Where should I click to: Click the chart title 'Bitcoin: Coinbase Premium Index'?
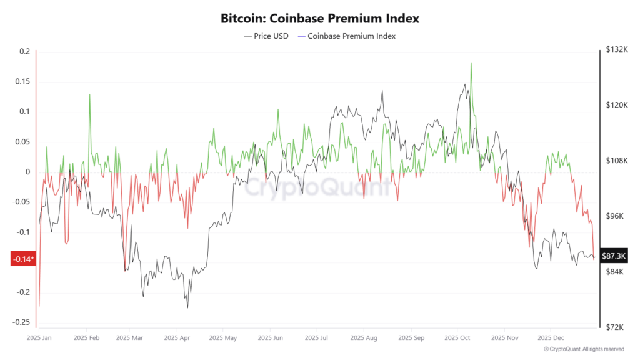[319, 18]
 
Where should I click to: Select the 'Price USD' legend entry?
[266, 36]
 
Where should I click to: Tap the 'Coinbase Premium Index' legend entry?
[347, 36]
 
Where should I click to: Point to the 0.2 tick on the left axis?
[25, 51]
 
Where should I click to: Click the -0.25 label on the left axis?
[21, 322]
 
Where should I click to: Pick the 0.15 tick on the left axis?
[23, 82]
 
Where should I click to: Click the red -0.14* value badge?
[23, 259]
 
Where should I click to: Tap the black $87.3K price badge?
[614, 256]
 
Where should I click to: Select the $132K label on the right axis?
[617, 49]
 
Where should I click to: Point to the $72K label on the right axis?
[615, 327]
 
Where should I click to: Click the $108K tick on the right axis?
[617, 161]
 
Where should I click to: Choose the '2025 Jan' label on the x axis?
[39, 338]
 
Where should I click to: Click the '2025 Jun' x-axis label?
[270, 338]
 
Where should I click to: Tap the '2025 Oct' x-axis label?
[457, 338]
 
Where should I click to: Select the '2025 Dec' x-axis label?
[551, 338]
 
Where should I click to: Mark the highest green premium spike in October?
[471, 63]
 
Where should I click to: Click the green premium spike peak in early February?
[90, 94]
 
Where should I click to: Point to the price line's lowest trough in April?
[187, 307]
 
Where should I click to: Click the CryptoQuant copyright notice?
[584, 349]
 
